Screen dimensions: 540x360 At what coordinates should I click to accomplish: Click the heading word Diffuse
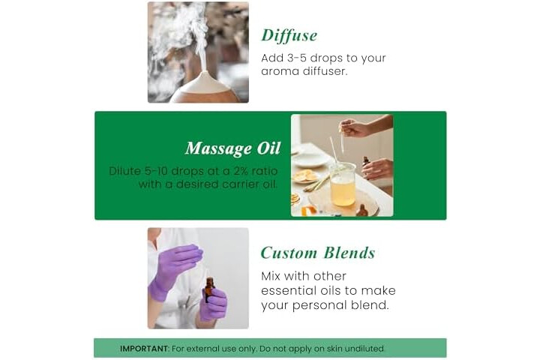(289, 35)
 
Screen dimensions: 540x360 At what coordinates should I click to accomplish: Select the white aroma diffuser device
(205, 88)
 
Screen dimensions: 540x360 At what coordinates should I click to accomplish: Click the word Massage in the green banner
(218, 148)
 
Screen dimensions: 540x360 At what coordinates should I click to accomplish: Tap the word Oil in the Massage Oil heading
(268, 148)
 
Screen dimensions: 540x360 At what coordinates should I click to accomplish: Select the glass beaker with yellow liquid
(342, 184)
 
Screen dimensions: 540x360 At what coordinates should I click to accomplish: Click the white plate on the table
(310, 159)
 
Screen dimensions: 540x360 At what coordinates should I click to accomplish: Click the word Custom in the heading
(289, 253)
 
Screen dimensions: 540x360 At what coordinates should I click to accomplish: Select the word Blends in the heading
(349, 253)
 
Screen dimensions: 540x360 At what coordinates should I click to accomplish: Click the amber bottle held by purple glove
(209, 289)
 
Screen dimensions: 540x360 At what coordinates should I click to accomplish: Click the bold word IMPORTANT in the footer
(144, 349)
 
